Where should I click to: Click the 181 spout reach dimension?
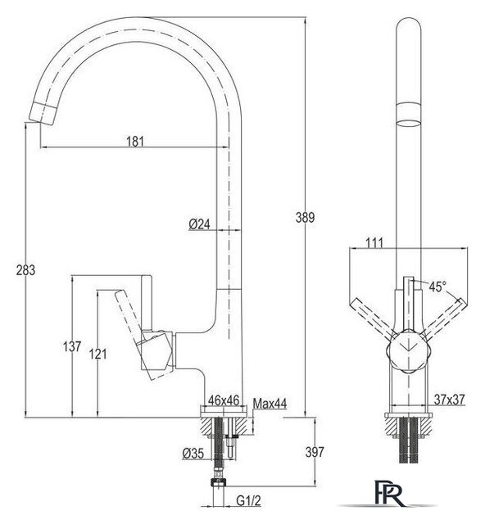tap(135, 142)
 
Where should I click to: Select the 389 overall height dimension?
tap(305, 218)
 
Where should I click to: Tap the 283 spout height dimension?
tap(25, 269)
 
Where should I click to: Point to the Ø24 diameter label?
tap(199, 224)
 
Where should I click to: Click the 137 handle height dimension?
tap(72, 346)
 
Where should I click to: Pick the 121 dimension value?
tap(97, 354)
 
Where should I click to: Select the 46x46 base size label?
tap(224, 400)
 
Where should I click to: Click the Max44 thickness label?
tap(270, 404)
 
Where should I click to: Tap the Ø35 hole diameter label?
tap(193, 454)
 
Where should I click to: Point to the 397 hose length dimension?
tap(315, 452)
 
